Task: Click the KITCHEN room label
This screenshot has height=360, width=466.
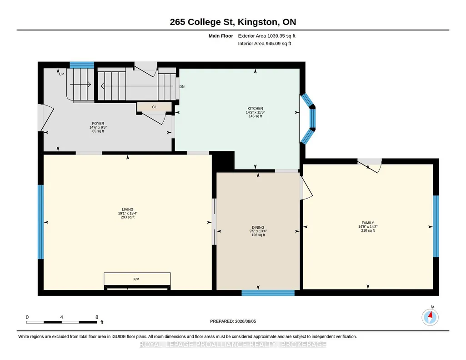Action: pos(256,109)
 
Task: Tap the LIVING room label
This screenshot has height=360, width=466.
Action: pos(127,210)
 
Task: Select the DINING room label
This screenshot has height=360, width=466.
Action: pos(258,228)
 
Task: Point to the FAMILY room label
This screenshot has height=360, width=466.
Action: pos(368,223)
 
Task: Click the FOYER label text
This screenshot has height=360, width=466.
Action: pos(98,124)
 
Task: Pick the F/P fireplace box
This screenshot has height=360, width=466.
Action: pos(137,279)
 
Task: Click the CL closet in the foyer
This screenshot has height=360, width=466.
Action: pos(154,107)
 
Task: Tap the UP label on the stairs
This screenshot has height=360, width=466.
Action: pos(61,74)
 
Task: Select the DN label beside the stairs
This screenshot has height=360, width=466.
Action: pos(182,87)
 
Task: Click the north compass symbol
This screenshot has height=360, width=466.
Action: pos(430,317)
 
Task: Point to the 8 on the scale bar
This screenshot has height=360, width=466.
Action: pos(97,317)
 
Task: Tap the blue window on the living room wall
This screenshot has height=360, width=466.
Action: pos(41,222)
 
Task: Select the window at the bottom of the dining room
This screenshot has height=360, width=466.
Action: pos(268,293)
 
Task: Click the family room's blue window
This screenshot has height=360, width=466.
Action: pos(436,226)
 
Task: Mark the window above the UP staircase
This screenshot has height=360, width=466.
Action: pos(82,65)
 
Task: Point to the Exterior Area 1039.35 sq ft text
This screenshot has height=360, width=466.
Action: pos(266,36)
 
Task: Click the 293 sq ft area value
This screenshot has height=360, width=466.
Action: pos(127,217)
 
